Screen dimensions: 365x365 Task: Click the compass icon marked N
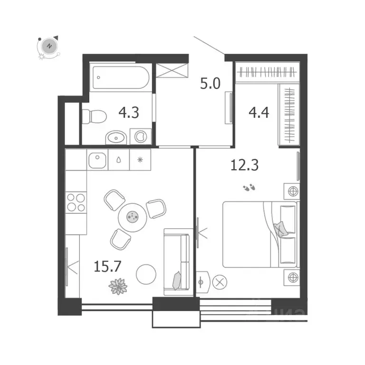click(x=48, y=47)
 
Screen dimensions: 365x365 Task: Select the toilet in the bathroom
click(x=90, y=115)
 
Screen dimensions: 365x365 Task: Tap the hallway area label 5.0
click(x=210, y=85)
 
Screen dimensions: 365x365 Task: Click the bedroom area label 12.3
click(x=241, y=165)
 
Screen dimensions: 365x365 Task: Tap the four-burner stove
click(x=76, y=202)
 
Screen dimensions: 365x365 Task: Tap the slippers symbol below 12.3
click(x=249, y=188)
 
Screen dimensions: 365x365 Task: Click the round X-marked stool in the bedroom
click(x=219, y=281)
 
